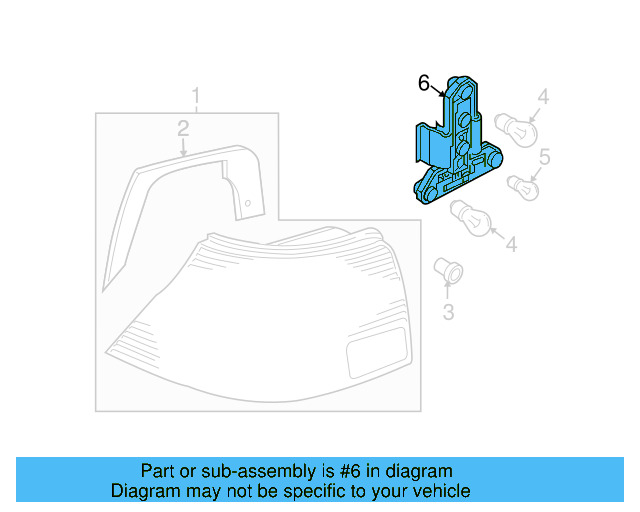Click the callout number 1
[x=196, y=97]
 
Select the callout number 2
[x=183, y=127]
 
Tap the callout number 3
[x=448, y=312]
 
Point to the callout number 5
[x=545, y=156]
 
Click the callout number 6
[x=423, y=82]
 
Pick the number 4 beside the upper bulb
[x=543, y=97]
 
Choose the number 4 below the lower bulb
[x=511, y=243]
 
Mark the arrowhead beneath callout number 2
[x=184, y=150]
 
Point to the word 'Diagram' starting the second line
[x=144, y=491]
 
